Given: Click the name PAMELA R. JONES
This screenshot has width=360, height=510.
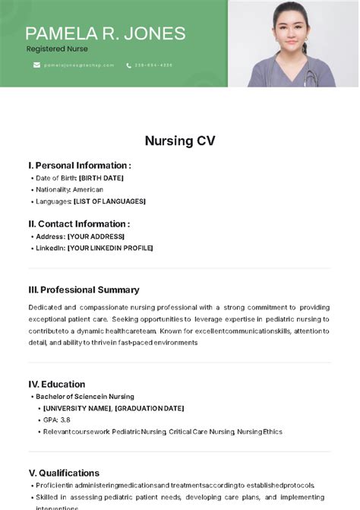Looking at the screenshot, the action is [x=106, y=33].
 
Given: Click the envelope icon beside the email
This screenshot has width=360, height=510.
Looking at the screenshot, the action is [x=36, y=65].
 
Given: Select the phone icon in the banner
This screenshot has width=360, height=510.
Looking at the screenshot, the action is [x=129, y=65].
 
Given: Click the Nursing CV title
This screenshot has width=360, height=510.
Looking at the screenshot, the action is [x=180, y=141].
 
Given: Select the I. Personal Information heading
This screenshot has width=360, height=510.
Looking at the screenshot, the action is [x=80, y=165].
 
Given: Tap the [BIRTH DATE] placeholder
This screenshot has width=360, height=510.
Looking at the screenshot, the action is [x=101, y=178].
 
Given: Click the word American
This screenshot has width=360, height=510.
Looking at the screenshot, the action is [x=88, y=189].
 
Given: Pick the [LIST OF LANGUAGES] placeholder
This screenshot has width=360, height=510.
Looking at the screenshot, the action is [x=110, y=201].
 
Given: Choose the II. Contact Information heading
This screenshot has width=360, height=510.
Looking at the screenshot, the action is [x=79, y=224].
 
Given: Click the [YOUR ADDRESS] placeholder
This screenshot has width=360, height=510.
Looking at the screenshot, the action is [x=96, y=236].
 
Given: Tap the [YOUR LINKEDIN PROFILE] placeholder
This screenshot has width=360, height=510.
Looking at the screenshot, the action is [x=110, y=248].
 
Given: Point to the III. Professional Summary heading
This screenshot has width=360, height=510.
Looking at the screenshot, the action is [x=84, y=290].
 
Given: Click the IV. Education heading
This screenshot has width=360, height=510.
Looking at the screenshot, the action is [x=57, y=384].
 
